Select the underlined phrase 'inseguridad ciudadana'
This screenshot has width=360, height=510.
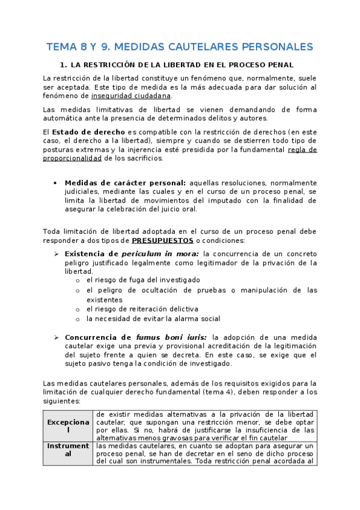click(x=131, y=96)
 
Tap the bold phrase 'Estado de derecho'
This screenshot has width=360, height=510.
click(x=88, y=132)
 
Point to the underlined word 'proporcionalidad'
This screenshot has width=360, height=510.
click(x=72, y=159)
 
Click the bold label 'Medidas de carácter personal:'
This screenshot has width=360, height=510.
click(x=125, y=183)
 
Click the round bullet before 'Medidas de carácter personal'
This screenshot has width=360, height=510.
click(x=55, y=183)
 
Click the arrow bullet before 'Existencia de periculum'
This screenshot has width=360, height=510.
click(x=55, y=254)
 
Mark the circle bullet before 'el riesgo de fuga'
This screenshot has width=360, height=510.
click(x=78, y=280)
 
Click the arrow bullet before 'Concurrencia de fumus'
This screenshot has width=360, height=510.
click(x=55, y=337)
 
